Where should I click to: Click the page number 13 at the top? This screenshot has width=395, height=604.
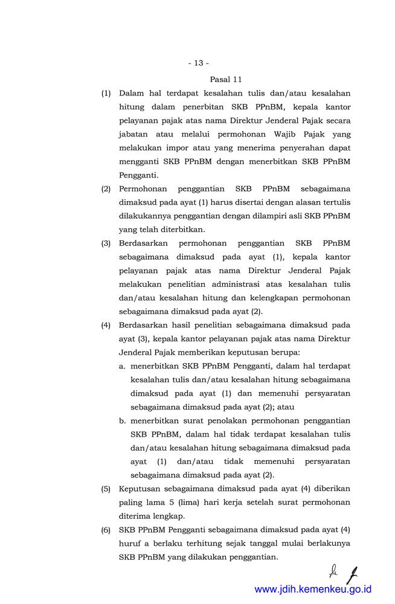coord(198,63)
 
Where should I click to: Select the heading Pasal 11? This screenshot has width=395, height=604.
coord(226,79)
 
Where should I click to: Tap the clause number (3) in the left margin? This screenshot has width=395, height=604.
coord(106,243)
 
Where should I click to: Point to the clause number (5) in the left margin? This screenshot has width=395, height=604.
coord(106,488)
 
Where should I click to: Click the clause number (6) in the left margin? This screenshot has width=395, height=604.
coord(106,530)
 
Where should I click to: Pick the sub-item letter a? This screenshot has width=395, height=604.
coord(122,365)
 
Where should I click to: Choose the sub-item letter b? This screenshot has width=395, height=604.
coord(122,421)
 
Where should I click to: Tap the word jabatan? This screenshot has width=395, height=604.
coord(136,135)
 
